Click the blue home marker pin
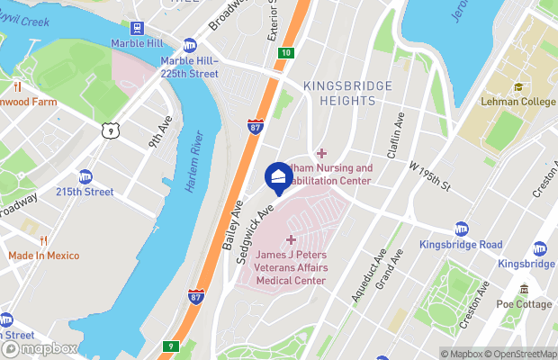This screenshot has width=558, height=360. [x=278, y=177]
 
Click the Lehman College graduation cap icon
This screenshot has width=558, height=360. [x=518, y=87]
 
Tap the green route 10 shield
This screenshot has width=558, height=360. [x=285, y=54]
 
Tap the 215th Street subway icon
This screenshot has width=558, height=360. [x=85, y=176]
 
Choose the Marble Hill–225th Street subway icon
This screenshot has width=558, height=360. [x=190, y=45]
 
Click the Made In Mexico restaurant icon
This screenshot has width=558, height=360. [x=42, y=240]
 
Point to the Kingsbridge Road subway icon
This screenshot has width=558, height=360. [x=462, y=229]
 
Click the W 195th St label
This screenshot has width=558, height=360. [x=428, y=174]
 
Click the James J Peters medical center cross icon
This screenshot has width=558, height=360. [x=290, y=239]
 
